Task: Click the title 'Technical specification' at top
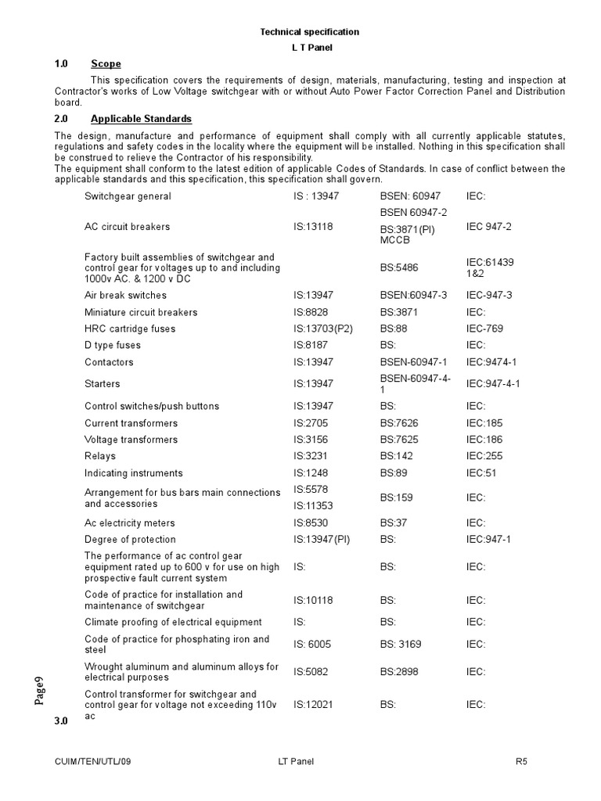[x=309, y=32]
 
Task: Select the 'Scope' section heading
[x=106, y=63]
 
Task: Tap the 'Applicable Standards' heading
[x=141, y=119]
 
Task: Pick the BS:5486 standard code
[x=399, y=268]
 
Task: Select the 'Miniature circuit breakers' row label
[x=141, y=312]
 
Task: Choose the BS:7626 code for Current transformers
[x=399, y=423]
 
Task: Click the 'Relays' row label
[x=100, y=456]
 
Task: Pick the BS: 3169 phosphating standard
[x=401, y=644]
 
